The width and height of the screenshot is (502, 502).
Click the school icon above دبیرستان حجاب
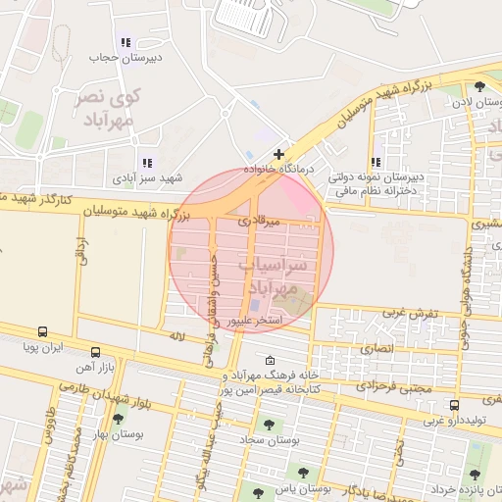coord(125,42)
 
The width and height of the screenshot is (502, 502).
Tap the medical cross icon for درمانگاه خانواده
coord(279,154)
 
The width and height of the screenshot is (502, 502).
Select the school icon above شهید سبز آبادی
coord(146,163)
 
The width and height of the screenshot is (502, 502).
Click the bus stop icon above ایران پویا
coord(42,332)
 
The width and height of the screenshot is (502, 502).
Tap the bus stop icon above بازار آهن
coord(95,351)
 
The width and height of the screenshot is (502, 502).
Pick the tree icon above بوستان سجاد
coord(269,425)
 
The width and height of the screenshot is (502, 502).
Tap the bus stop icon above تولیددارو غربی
coord(453,404)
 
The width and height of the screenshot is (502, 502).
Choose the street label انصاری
coord(376,348)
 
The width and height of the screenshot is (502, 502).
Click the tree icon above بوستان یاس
coord(303,472)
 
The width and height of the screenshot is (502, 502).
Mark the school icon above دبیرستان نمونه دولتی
coord(376,163)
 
